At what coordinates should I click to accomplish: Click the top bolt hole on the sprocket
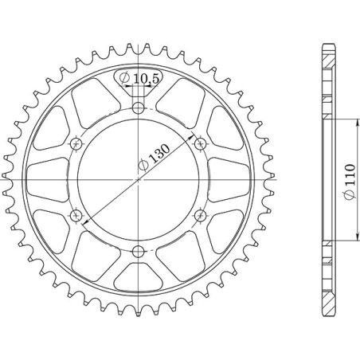[139, 108]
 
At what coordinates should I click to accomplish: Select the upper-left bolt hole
[76, 143]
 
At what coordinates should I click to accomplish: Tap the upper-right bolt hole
[201, 143]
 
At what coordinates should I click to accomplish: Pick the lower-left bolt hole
[76, 215]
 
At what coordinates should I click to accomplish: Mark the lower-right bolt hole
[201, 215]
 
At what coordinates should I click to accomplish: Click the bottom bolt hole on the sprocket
[139, 251]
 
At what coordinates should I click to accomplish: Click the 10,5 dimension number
[146, 78]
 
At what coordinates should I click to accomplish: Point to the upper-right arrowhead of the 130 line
[194, 138]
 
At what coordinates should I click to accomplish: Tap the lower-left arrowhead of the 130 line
[84, 221]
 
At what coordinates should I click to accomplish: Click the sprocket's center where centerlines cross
[139, 179]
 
